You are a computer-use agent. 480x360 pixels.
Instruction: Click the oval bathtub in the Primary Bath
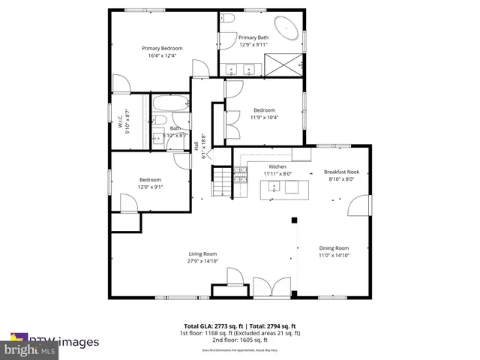[x=287, y=29]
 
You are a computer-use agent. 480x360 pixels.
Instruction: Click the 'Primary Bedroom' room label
[x=163, y=48]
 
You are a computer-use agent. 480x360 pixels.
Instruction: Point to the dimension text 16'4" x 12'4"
[x=163, y=55]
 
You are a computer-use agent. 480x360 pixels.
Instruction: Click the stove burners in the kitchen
[x=241, y=177]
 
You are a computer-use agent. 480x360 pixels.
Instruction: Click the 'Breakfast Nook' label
[x=342, y=172]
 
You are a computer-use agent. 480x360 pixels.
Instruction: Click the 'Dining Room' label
[x=334, y=248]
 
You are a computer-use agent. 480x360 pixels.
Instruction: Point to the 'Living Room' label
[x=202, y=253]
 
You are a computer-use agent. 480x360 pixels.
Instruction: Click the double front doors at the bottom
[x=271, y=288]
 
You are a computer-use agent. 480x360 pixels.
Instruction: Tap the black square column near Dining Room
[x=295, y=220]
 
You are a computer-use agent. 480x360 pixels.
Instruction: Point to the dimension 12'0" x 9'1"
[x=150, y=187]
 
